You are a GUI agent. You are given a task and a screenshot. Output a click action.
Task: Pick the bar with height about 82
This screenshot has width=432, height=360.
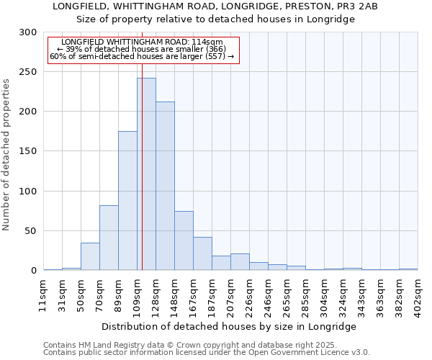click(x=109, y=238)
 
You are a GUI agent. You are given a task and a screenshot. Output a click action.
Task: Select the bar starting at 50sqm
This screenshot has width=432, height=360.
click(x=90, y=256)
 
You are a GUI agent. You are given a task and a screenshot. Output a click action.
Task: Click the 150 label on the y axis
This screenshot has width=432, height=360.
click(x=29, y=152)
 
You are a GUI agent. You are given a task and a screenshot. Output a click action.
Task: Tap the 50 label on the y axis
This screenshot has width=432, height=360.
click(x=32, y=231)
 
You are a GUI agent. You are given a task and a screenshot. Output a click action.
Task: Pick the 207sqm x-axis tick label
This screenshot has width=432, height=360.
click(x=230, y=294)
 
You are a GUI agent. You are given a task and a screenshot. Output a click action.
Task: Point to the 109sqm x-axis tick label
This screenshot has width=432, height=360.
click(x=137, y=294)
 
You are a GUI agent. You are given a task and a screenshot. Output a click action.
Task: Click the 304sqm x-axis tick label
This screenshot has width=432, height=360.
click(x=324, y=294)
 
